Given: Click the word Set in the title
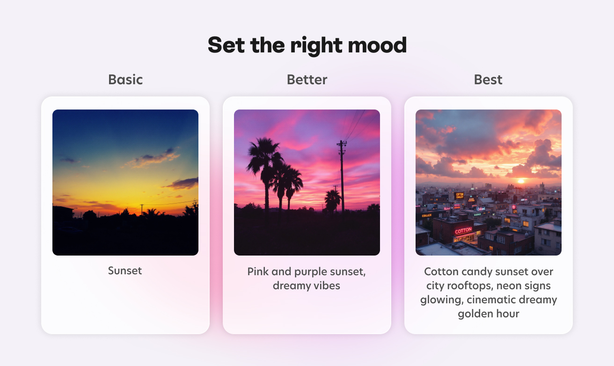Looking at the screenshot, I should point(227,45).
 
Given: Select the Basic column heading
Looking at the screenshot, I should point(125,80).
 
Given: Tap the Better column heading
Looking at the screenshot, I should point(307,80).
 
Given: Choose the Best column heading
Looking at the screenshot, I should point(488,80).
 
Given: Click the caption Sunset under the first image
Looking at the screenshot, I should point(125,271).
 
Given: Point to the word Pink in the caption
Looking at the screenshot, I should point(258,271).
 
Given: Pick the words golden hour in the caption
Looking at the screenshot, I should point(489,314).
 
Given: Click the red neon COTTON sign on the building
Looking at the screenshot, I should point(463,231).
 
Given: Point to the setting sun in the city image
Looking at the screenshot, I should point(521,181).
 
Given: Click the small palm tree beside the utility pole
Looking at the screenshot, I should point(333,199).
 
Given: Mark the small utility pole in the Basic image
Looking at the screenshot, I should point(141,209).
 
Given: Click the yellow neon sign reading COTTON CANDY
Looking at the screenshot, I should point(460,196).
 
